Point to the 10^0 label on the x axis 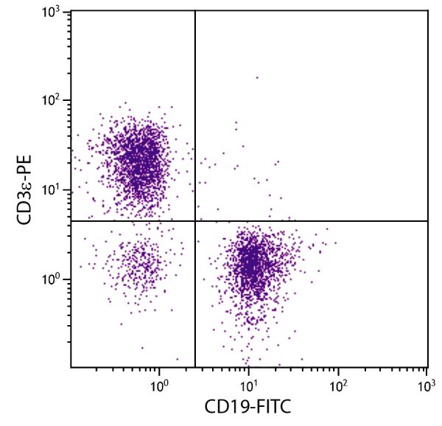[160, 385]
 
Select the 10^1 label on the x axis [249, 385]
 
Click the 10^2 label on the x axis [338, 385]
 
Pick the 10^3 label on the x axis [427, 385]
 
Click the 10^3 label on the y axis [52, 13]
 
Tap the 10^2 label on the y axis [52, 100]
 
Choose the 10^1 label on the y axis [52, 190]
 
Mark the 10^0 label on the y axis [52, 280]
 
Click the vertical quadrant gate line [194, 111]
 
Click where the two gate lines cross [194, 221]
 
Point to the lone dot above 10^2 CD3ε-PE [256, 77]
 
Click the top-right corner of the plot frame [428, 10]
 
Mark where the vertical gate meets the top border [194, 10]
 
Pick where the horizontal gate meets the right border [428, 221]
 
